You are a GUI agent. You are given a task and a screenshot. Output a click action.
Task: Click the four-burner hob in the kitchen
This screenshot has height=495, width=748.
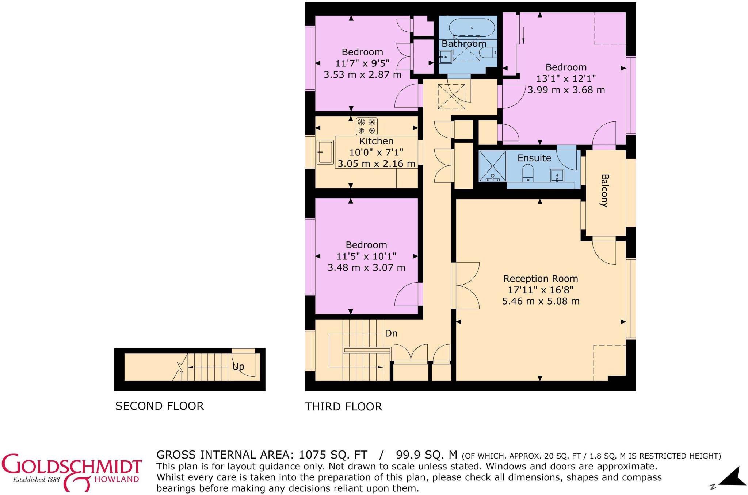tap(367, 126)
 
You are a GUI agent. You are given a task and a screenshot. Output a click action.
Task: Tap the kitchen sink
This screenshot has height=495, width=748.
tap(325, 152)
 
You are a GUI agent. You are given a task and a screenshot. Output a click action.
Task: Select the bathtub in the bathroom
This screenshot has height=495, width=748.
tap(472, 28)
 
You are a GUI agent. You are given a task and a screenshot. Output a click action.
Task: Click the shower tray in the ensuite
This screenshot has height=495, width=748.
tap(493, 166)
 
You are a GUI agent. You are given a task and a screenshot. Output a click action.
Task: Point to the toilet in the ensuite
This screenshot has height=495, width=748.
tap(528, 173)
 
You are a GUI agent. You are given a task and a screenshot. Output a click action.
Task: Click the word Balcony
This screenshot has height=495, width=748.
tap(604, 191)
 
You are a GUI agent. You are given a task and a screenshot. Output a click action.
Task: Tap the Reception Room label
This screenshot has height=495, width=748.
tap(541, 279)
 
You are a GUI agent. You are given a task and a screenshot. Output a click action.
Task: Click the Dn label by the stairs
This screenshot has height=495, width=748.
tap(391, 333)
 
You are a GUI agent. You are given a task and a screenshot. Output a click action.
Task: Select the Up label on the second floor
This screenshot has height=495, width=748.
tap(238, 366)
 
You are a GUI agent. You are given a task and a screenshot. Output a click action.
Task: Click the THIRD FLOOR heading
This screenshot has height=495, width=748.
tap(344, 406)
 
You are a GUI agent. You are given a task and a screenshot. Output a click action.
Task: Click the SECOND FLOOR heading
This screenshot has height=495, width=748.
tap(160, 406)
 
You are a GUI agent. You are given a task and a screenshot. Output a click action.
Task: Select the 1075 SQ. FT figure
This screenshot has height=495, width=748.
tap(333, 455)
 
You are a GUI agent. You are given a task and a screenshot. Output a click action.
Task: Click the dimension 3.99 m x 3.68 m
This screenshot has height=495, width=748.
tap(566, 90)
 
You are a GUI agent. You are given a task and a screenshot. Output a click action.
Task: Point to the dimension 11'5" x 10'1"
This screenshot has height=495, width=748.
tap(366, 256)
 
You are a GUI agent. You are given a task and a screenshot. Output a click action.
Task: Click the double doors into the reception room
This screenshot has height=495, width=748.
tap(466, 286)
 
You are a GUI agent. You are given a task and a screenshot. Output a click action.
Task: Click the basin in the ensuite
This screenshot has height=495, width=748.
tap(557, 175)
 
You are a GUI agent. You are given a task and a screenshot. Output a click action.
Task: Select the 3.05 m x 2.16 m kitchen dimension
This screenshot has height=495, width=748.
tap(376, 164)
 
